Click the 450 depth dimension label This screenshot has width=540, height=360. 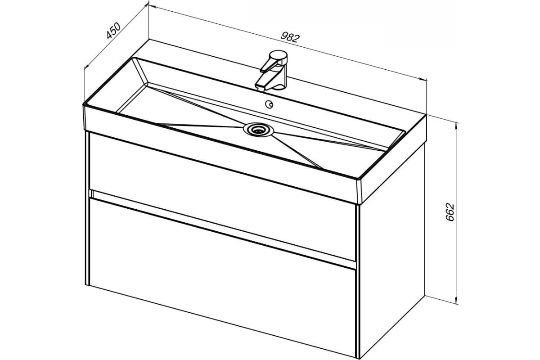pos(113,31)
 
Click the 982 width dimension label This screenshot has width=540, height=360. pos(290,38)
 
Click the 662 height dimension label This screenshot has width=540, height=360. pos(450,212)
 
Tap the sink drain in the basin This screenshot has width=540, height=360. pos(258,130)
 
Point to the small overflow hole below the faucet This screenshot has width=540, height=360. pos(269,104)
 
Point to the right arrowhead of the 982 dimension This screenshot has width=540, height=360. pos(426,80)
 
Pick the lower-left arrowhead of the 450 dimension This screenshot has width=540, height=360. pos(85,67)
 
